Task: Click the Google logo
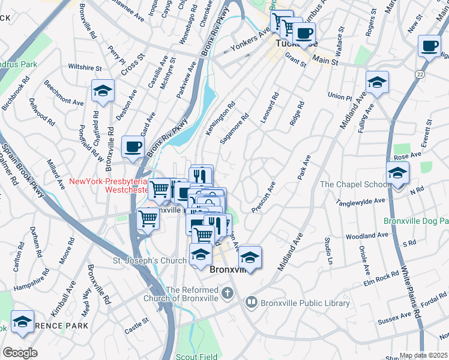coord(20,353)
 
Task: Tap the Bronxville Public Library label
coord(304,303)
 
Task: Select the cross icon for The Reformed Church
coord(227,293)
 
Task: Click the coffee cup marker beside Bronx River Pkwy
coord(133,146)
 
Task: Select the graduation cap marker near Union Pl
coord(377,83)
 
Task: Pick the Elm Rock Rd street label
coord(382,277)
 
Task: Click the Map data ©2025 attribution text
coord(424,355)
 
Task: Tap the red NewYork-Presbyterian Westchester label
coord(108,185)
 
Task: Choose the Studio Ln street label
coord(328,251)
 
